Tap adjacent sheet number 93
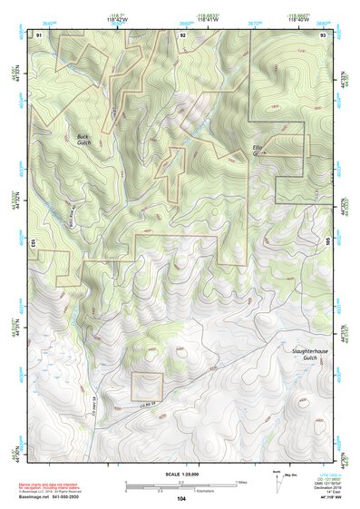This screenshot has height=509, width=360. (x=324, y=34)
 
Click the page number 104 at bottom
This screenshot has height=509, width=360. (x=181, y=499)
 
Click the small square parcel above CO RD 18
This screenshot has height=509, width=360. (x=146, y=387)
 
